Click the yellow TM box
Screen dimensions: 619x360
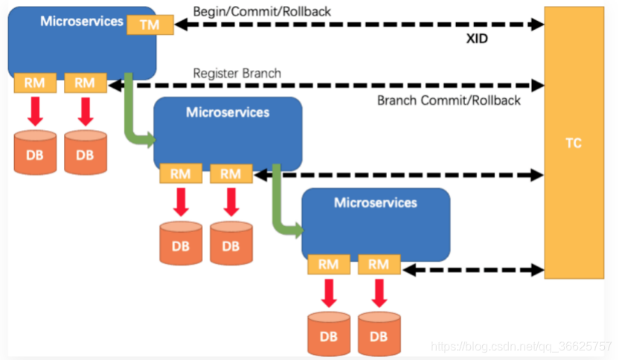tap(150, 25)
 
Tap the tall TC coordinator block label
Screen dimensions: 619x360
tap(574, 143)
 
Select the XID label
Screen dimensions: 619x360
tap(477, 39)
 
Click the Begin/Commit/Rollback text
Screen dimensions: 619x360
tap(262, 12)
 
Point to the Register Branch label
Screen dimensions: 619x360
tap(237, 74)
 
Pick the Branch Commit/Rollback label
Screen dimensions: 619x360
tap(449, 100)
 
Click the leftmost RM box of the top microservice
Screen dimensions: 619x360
tap(35, 83)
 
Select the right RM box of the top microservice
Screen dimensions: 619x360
tap(86, 83)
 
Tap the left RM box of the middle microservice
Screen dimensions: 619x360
tap(181, 173)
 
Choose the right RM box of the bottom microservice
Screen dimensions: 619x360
tap(379, 264)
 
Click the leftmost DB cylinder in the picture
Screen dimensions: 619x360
tap(35, 152)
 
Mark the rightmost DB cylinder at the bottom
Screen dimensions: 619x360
tap(379, 334)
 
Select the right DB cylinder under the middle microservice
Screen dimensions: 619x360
tap(231, 243)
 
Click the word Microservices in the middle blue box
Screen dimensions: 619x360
tap(228, 112)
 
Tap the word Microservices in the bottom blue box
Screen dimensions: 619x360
tap(376, 203)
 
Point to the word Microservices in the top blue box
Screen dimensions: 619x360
tap(82, 22)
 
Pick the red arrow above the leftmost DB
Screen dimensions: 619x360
tap(35, 112)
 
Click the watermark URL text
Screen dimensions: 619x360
tap(521, 346)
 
